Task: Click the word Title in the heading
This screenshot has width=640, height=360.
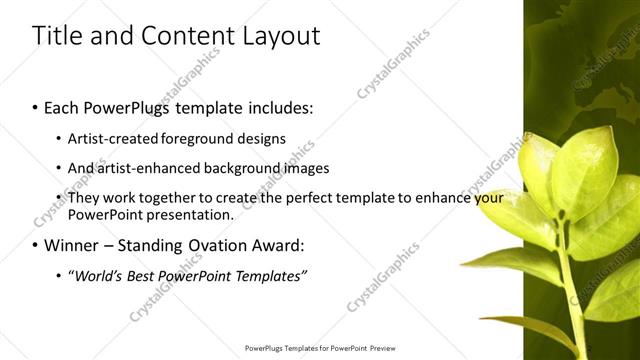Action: click(56, 37)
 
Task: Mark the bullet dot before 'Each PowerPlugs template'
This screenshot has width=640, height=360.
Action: click(36, 106)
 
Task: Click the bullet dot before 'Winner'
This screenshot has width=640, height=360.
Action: click(36, 246)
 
